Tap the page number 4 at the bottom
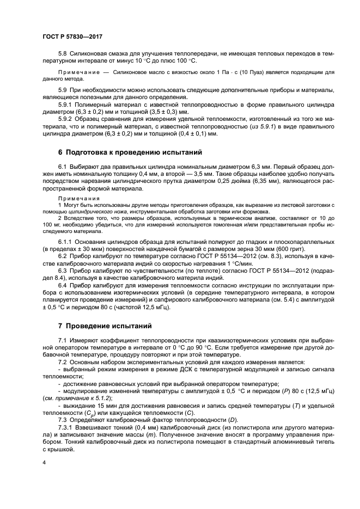pos(44,462)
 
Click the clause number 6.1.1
pos(66,240)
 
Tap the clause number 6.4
pos(63,284)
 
